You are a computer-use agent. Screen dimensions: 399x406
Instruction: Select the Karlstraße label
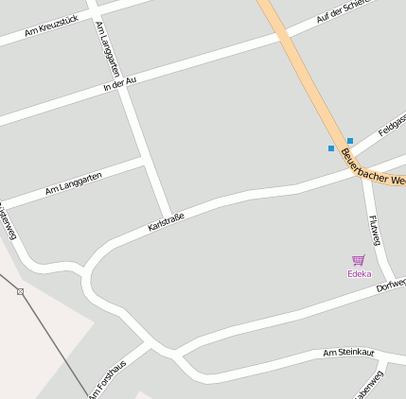[x=166, y=223]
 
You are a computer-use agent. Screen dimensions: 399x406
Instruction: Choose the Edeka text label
[x=359, y=274]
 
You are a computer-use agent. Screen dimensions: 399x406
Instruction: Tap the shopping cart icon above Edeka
[x=359, y=260]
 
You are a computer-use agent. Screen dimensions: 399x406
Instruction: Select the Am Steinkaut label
[x=348, y=353]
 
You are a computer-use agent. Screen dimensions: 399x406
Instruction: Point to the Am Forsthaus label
[x=108, y=379]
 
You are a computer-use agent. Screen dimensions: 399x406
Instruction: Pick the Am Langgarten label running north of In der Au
[x=108, y=49]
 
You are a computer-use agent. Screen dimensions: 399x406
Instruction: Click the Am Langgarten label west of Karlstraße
[x=73, y=184]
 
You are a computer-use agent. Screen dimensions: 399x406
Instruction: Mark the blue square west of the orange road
[x=331, y=148]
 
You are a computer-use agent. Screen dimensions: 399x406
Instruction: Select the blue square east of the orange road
[x=350, y=141]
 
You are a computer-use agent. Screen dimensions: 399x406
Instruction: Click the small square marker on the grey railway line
[x=21, y=291]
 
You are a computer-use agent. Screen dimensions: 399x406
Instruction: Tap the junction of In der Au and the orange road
[x=284, y=39]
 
